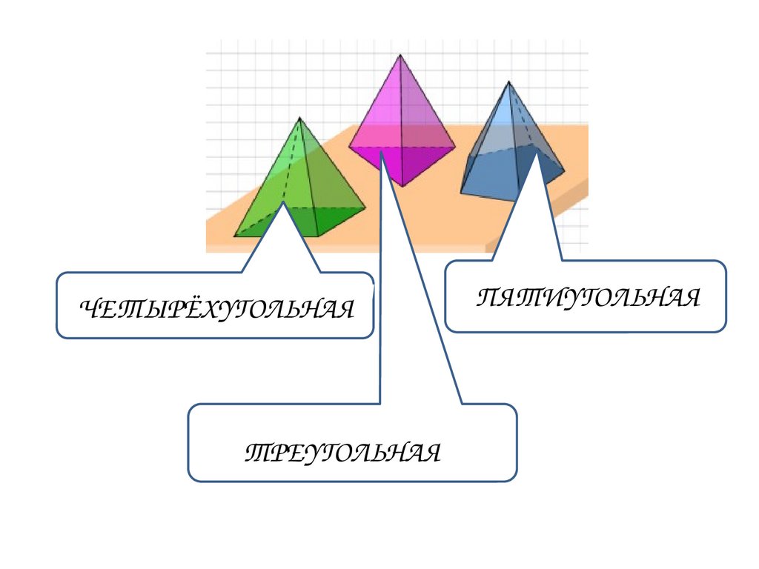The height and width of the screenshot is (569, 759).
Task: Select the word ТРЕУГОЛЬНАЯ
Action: click(x=342, y=450)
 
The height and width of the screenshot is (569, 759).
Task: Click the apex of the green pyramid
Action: click(x=299, y=117)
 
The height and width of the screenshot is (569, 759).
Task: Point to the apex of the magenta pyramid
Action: click(x=400, y=54)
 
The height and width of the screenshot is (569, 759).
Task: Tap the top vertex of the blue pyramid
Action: click(x=508, y=81)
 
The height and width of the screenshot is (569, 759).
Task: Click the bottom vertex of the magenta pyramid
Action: click(x=401, y=186)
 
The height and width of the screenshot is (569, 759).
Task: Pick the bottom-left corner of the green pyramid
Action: click(x=235, y=236)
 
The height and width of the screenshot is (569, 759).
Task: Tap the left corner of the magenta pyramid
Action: click(x=349, y=146)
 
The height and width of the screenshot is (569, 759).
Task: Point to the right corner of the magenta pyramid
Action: click(x=454, y=146)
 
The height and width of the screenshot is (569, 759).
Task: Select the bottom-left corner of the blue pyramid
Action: click(x=460, y=193)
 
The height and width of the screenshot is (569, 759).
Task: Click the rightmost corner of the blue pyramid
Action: click(x=564, y=172)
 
